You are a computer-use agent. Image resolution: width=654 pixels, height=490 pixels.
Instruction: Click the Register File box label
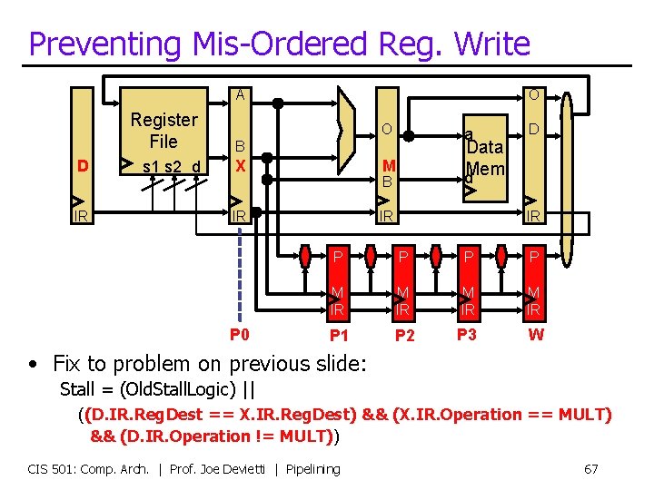163,131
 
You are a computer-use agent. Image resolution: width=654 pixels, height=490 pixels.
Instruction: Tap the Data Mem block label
484,158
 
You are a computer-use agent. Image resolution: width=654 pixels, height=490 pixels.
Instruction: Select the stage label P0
240,335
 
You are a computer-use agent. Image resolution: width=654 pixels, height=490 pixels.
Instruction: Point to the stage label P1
338,336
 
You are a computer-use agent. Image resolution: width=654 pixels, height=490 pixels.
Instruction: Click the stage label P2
404,336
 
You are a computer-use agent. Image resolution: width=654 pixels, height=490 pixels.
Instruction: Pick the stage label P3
467,335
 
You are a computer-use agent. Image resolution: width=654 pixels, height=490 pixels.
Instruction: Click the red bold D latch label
83,166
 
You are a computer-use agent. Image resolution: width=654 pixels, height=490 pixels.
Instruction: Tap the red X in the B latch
241,166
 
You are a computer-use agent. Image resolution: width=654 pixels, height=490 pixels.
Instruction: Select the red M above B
388,165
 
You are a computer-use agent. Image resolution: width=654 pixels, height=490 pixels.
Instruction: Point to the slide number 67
590,469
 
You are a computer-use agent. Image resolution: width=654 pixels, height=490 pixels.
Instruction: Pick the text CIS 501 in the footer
53,469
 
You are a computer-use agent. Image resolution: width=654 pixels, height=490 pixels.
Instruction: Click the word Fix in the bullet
68,365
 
